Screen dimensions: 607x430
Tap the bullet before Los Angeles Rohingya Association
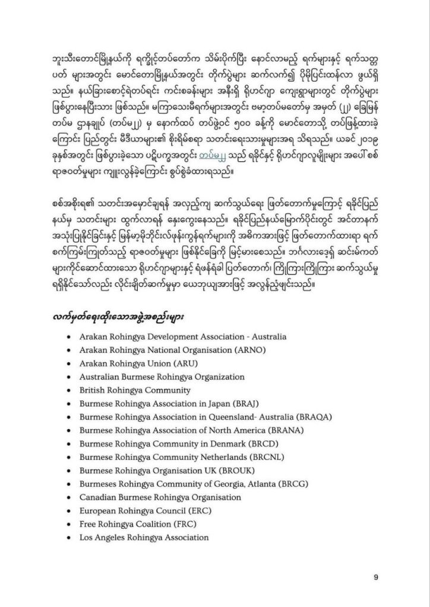click(x=71, y=538)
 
